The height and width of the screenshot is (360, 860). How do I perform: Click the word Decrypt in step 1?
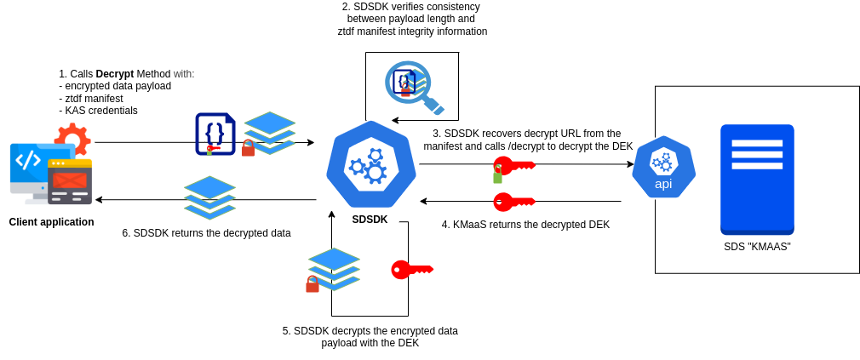click(x=114, y=74)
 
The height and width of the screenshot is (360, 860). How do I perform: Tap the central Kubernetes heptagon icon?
click(x=371, y=164)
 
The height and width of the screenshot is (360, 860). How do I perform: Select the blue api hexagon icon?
click(x=663, y=167)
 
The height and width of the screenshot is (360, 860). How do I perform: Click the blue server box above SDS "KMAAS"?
click(x=757, y=179)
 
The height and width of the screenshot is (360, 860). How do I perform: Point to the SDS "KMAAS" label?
click(x=757, y=247)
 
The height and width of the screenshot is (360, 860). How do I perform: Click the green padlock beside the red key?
click(x=497, y=175)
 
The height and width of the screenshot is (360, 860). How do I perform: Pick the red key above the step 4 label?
click(x=513, y=202)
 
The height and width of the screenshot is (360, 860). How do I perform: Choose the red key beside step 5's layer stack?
click(x=412, y=270)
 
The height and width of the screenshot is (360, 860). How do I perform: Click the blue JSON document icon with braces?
click(x=215, y=134)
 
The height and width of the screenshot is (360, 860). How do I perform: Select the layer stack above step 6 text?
click(x=209, y=197)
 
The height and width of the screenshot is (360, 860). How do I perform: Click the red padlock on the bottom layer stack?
click(x=312, y=284)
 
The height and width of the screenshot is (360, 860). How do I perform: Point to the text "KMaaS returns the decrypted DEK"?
click(x=525, y=225)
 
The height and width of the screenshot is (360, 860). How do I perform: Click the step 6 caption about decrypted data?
click(x=206, y=233)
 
